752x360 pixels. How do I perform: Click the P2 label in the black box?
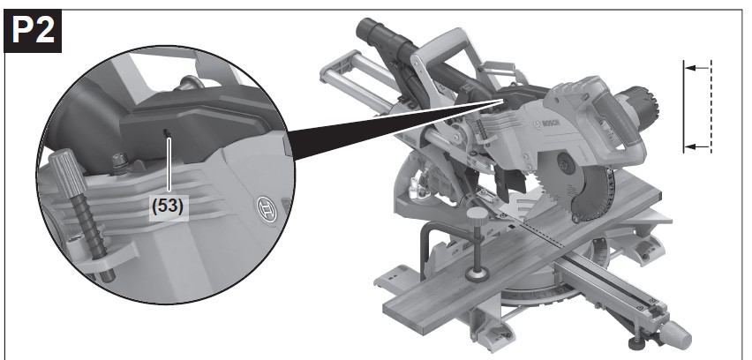tap(33, 31)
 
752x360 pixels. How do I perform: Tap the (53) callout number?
tap(168, 206)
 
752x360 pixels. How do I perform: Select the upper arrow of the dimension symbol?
tap(697, 68)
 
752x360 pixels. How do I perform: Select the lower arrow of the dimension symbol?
tap(697, 146)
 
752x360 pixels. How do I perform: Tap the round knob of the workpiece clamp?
tap(479, 214)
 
